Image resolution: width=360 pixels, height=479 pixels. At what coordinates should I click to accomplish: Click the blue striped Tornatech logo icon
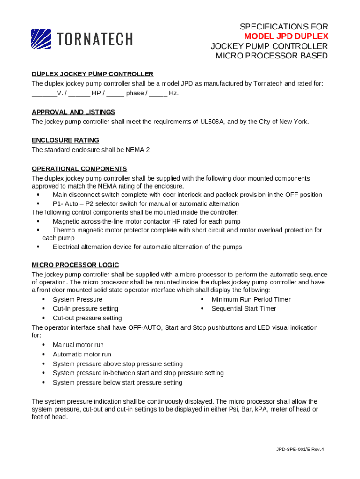(41, 39)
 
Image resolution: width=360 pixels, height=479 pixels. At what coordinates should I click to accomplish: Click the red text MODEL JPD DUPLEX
(286, 36)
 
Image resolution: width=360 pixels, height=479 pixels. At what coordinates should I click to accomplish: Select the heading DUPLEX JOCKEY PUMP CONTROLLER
(93, 74)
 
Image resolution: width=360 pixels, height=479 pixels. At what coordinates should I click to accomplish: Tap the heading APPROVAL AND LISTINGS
(73, 112)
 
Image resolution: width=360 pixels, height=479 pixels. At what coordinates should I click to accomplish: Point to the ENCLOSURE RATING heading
(65, 140)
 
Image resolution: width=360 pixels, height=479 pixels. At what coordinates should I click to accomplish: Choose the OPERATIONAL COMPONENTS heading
(79, 169)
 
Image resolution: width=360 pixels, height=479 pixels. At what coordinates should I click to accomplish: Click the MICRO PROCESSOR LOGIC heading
(75, 265)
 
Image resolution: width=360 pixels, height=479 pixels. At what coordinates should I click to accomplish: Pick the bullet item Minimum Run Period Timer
(251, 299)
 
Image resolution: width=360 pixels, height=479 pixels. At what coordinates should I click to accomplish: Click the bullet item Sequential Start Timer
(244, 309)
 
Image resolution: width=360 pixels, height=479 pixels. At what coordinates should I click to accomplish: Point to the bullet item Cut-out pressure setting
(87, 318)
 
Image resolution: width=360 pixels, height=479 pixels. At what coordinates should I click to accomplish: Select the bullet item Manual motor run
(78, 345)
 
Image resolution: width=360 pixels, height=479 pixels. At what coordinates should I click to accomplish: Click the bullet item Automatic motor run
(82, 355)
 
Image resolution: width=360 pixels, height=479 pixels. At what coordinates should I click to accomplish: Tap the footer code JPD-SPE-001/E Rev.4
(300, 450)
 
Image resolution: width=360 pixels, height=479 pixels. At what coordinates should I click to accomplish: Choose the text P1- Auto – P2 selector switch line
(146, 204)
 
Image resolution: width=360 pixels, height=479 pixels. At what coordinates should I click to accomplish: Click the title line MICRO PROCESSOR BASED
(272, 56)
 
